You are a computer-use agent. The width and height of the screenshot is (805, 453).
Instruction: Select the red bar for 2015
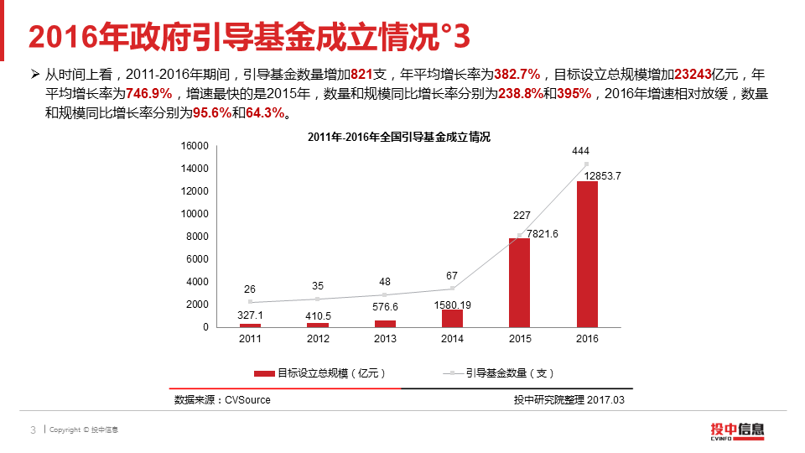(520, 282)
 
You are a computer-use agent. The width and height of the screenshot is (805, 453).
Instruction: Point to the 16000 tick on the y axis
(195, 146)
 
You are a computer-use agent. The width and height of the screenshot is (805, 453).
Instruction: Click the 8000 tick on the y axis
(197, 237)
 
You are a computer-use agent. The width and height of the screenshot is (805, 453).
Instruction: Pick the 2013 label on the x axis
(385, 339)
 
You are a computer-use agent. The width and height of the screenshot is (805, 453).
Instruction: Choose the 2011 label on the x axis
(250, 339)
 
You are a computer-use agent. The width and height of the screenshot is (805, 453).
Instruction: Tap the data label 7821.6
(543, 233)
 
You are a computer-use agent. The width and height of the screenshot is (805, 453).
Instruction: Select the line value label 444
(580, 151)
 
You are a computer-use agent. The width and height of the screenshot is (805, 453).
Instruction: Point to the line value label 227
(522, 216)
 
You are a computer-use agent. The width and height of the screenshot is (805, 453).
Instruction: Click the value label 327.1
(250, 315)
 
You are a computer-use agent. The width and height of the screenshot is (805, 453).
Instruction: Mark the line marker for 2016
(587, 164)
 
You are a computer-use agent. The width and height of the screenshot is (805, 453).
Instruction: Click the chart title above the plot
(398, 137)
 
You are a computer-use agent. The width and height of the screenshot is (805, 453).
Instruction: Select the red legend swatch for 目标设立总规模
(264, 373)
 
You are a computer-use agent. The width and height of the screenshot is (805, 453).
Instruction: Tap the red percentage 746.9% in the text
(148, 93)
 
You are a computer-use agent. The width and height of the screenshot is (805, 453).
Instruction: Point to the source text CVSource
(247, 400)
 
